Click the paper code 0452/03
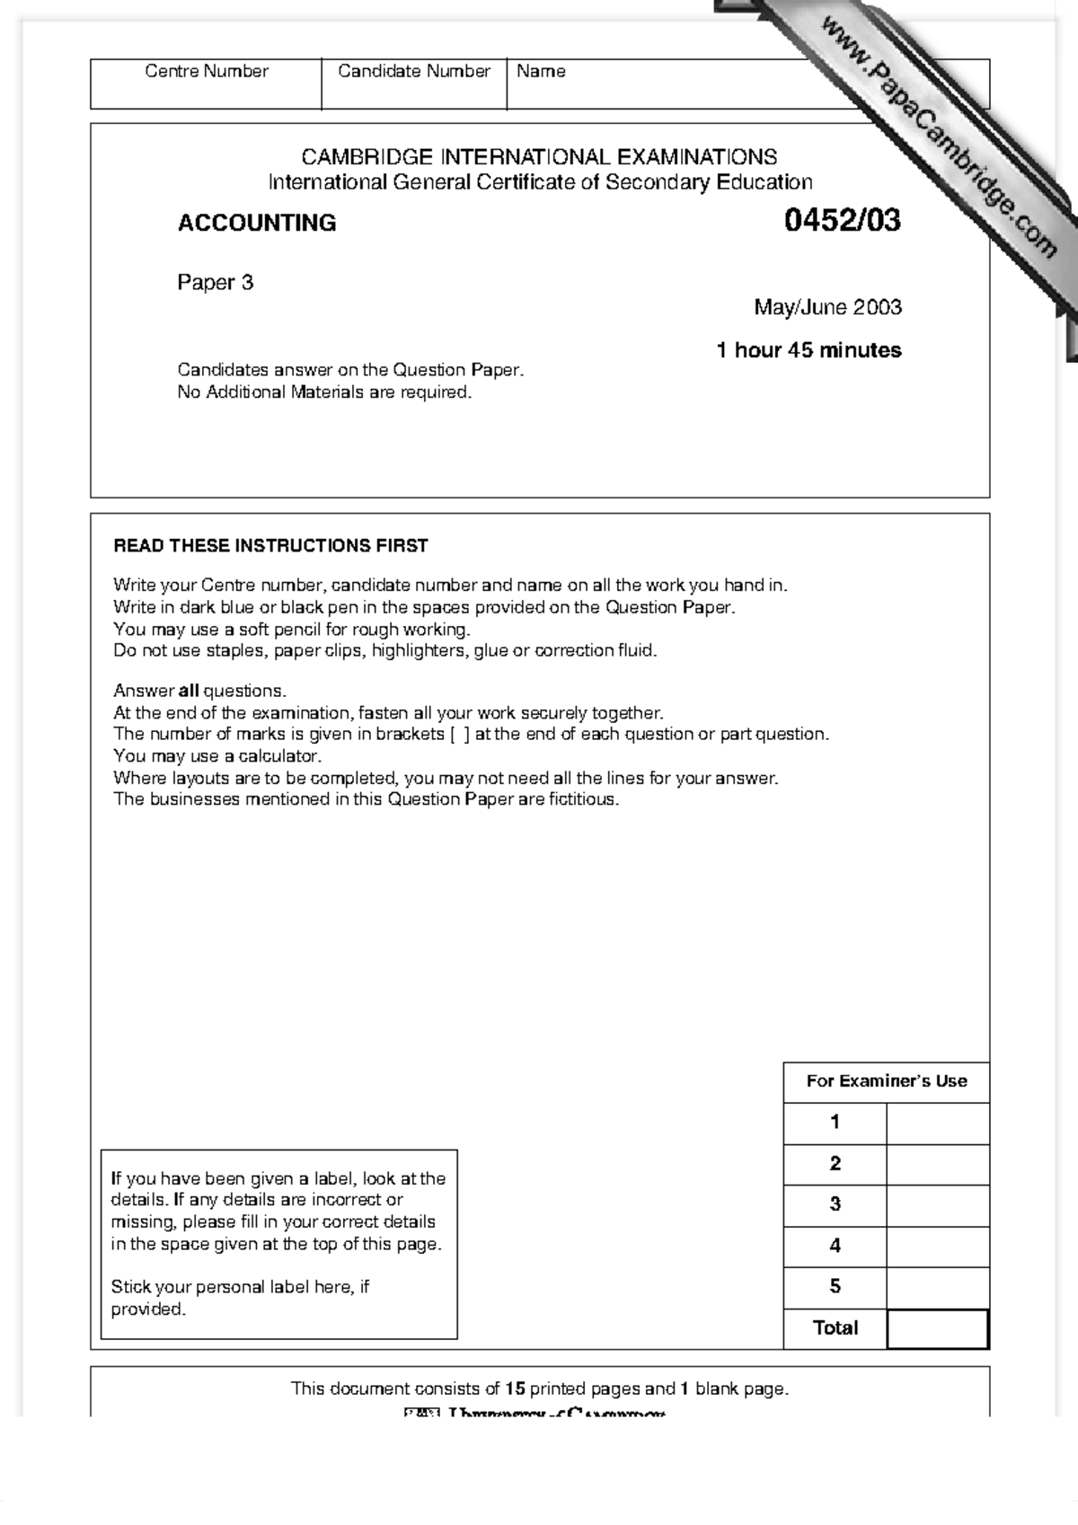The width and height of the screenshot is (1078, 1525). point(842,221)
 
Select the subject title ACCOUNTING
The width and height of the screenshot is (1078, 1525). point(257,223)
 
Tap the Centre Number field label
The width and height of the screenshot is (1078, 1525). point(207,71)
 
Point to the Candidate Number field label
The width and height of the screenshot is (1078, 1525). point(414,71)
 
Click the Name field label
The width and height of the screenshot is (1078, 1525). point(541,71)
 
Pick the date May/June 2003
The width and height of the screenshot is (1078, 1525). point(827,307)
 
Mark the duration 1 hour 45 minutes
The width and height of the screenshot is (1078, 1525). point(808,350)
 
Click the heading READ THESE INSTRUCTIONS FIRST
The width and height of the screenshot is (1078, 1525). point(270,545)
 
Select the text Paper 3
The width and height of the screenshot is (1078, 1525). point(216,283)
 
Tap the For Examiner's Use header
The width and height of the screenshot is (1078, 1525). point(886,1081)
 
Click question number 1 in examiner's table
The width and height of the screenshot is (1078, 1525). point(835,1122)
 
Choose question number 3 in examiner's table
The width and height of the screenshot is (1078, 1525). point(835,1204)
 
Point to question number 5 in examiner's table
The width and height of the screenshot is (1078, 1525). point(835,1286)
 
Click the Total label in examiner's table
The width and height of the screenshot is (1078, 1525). point(835,1327)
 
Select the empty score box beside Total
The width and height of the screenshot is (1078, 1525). point(937,1328)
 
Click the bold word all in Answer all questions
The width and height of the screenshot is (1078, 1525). point(189,691)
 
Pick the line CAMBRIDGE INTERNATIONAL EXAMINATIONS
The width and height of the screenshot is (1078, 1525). point(539,157)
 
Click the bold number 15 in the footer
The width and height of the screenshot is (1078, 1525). point(515,1388)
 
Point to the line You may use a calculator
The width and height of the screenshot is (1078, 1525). point(217,756)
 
